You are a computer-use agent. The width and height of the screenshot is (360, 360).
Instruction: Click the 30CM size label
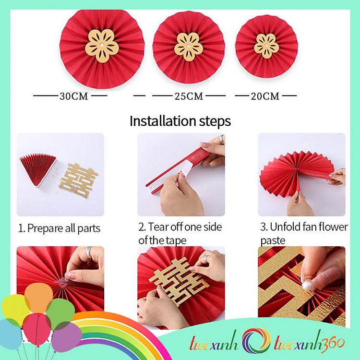[74, 96]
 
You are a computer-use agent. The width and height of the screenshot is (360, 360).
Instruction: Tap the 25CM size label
[189, 96]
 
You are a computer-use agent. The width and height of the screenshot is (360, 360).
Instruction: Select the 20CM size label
[265, 96]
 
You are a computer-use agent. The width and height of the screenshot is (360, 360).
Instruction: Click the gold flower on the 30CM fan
[102, 46]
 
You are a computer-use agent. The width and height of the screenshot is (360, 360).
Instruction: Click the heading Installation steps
[180, 121]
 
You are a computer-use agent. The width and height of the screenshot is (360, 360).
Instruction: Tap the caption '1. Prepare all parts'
[60, 228]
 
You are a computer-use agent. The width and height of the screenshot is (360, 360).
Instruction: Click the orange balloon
[38, 297]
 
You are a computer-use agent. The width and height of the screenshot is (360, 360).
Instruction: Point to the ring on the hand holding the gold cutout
[206, 258]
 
